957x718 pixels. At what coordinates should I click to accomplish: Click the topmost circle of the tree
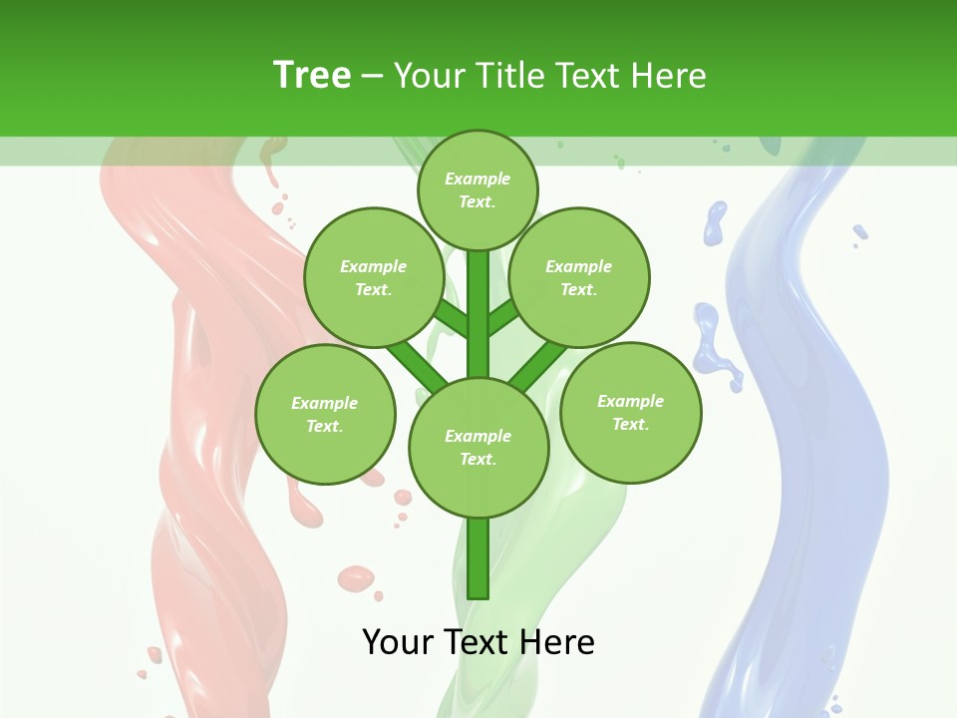click(478, 189)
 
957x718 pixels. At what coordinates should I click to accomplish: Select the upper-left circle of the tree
click(374, 277)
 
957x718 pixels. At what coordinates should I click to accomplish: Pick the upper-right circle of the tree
click(579, 277)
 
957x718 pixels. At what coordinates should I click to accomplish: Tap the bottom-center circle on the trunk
click(478, 447)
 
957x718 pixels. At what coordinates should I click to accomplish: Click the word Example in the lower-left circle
click(324, 403)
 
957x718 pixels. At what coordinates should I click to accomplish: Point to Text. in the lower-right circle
click(630, 424)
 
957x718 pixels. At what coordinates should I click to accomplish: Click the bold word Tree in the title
click(312, 75)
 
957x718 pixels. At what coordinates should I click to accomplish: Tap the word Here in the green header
click(668, 75)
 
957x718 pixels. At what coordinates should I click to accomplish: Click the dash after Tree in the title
click(372, 77)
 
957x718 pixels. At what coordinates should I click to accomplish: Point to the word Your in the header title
click(432, 75)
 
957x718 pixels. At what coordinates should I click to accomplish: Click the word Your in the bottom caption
click(398, 641)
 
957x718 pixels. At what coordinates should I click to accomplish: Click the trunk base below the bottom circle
click(478, 558)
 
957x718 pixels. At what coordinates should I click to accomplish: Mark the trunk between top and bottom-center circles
click(478, 314)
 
